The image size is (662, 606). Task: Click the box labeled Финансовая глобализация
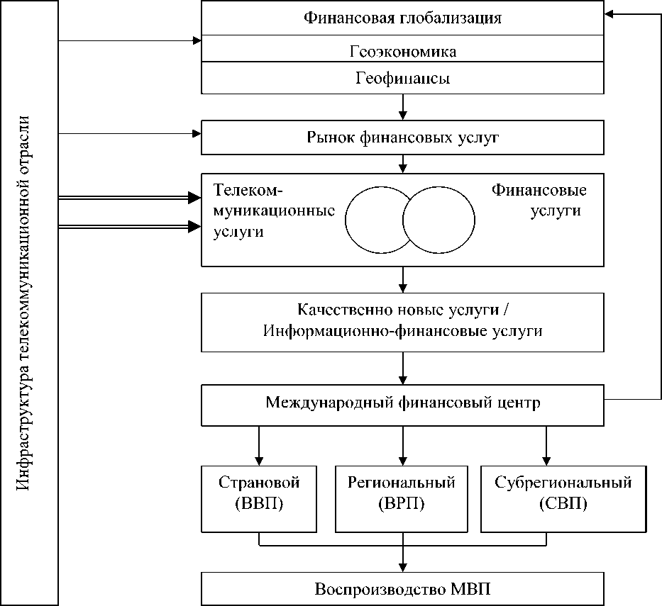403,18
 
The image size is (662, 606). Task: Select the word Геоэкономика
403,52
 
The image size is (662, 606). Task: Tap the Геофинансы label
403,79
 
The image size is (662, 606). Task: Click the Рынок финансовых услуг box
403,138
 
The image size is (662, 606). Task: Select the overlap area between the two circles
409,219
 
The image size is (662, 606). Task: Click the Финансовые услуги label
539,201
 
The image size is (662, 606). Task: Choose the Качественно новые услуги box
403,321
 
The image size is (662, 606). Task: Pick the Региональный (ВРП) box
402,499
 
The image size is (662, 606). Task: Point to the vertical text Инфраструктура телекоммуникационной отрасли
29,303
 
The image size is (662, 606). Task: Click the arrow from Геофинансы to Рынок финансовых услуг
403,107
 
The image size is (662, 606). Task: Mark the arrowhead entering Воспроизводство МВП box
403,566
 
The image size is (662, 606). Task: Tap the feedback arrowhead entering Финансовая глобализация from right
610,14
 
